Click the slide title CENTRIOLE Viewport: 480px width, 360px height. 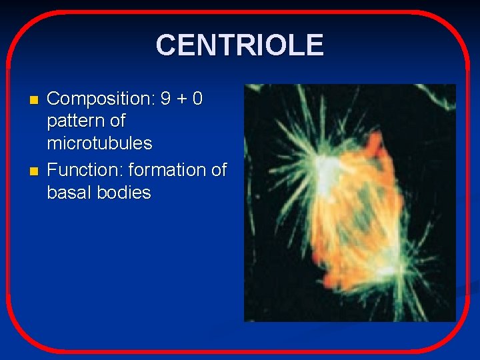(x=239, y=45)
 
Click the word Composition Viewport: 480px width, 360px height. (x=100, y=99)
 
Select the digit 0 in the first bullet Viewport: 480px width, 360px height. (x=197, y=99)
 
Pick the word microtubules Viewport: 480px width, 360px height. (x=99, y=143)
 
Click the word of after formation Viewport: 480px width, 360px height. (x=219, y=170)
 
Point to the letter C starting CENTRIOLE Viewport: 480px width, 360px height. (x=166, y=45)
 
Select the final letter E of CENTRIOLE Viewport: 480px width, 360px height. (x=315, y=45)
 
